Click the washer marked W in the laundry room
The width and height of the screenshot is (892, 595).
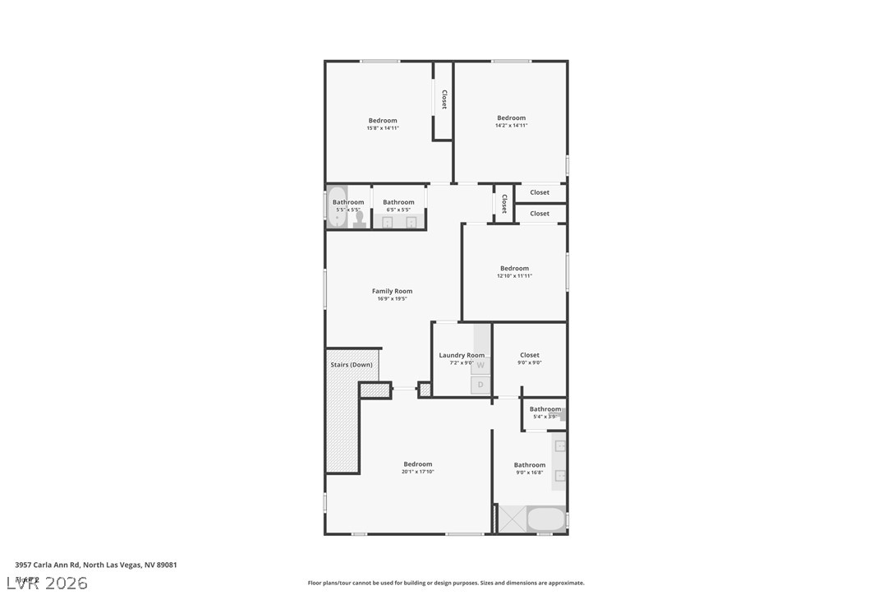[481, 365]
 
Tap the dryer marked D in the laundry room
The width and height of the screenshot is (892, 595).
[481, 385]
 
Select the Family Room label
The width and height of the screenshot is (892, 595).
[392, 291]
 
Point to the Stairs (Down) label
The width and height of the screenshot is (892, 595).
[352, 364]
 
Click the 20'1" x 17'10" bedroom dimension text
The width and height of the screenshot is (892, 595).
[417, 472]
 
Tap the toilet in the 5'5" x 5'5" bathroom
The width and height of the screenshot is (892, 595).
[359, 219]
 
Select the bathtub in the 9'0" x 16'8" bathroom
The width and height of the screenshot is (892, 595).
[545, 519]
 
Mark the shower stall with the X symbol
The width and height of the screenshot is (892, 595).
[513, 519]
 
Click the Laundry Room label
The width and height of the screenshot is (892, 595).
[462, 355]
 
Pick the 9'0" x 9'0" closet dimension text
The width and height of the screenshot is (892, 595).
[530, 362]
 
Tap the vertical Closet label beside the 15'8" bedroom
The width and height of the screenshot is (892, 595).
[444, 99]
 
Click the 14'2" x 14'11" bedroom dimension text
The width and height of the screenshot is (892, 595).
[511, 126]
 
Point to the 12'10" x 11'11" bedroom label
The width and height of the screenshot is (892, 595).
[514, 268]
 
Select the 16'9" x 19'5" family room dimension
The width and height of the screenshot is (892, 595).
[392, 299]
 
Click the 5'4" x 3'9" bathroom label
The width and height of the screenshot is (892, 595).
[545, 409]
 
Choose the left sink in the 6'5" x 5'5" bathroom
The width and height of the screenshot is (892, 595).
[387, 222]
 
